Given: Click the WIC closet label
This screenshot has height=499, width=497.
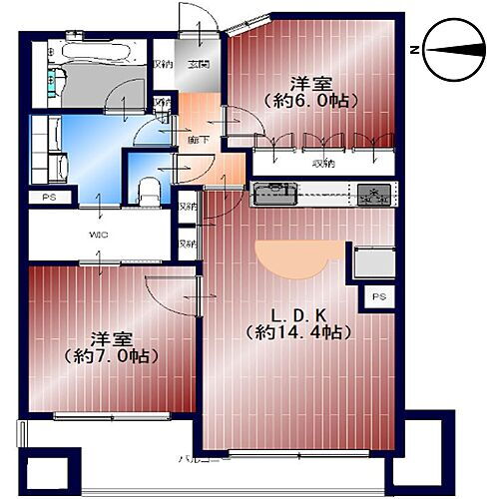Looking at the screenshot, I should [x=99, y=236].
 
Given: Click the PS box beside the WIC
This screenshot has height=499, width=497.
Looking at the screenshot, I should [x=48, y=199].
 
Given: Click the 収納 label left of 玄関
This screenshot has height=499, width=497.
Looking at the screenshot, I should [x=162, y=66].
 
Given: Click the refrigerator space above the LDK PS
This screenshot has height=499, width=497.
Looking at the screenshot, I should [x=372, y=261].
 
